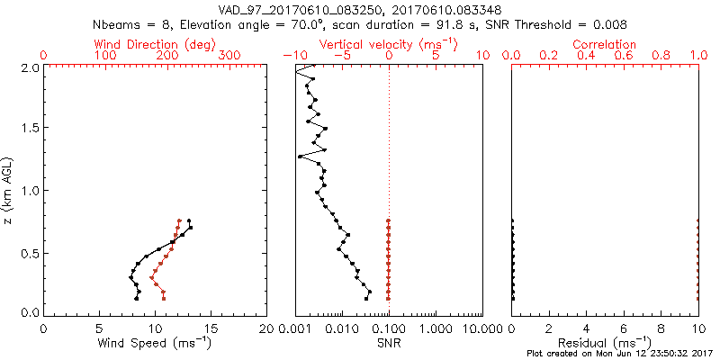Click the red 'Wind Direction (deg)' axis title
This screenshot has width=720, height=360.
tap(155, 44)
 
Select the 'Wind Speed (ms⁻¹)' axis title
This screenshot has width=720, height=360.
tap(155, 342)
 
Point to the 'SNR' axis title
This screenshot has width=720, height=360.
tap(389, 342)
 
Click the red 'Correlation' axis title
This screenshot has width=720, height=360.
tap(605, 44)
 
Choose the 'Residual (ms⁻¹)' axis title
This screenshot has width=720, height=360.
tap(605, 342)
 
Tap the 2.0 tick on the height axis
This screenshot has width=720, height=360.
tap(29, 67)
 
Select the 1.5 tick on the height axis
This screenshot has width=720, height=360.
tap(29, 129)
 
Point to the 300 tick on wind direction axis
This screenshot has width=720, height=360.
tap(229, 56)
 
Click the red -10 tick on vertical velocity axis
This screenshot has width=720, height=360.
tap(291, 56)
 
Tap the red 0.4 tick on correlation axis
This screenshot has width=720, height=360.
tap(586, 56)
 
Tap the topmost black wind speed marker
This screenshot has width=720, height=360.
tap(189, 220)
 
